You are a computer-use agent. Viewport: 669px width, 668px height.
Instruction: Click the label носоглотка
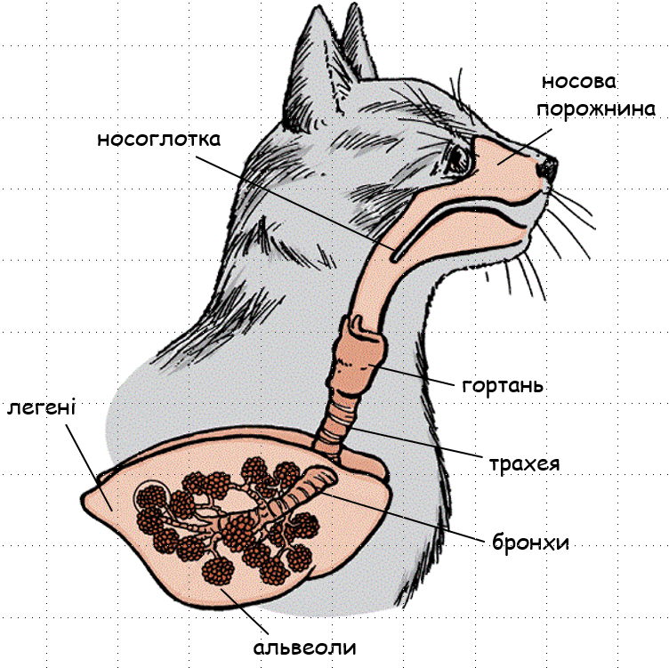158,139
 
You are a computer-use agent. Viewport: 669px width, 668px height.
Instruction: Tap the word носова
579,82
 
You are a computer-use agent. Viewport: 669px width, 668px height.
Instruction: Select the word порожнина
596,109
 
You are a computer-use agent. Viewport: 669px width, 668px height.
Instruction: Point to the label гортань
503,386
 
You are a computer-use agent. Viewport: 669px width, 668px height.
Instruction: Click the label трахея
524,463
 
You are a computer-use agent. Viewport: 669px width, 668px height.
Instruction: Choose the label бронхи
531,543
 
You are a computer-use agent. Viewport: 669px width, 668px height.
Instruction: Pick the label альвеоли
304,648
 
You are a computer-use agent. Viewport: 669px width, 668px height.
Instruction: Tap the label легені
41,407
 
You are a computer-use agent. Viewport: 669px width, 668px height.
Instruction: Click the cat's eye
458,158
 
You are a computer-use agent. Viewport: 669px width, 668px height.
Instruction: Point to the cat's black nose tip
547,168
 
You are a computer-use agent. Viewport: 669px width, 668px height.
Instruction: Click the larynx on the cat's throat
359,353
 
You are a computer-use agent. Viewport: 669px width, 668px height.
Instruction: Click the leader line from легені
89,467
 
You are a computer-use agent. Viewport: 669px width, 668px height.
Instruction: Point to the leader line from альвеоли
245,611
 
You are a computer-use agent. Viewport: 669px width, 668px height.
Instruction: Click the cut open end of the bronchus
321,477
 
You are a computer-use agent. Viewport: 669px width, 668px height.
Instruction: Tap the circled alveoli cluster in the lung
151,496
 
